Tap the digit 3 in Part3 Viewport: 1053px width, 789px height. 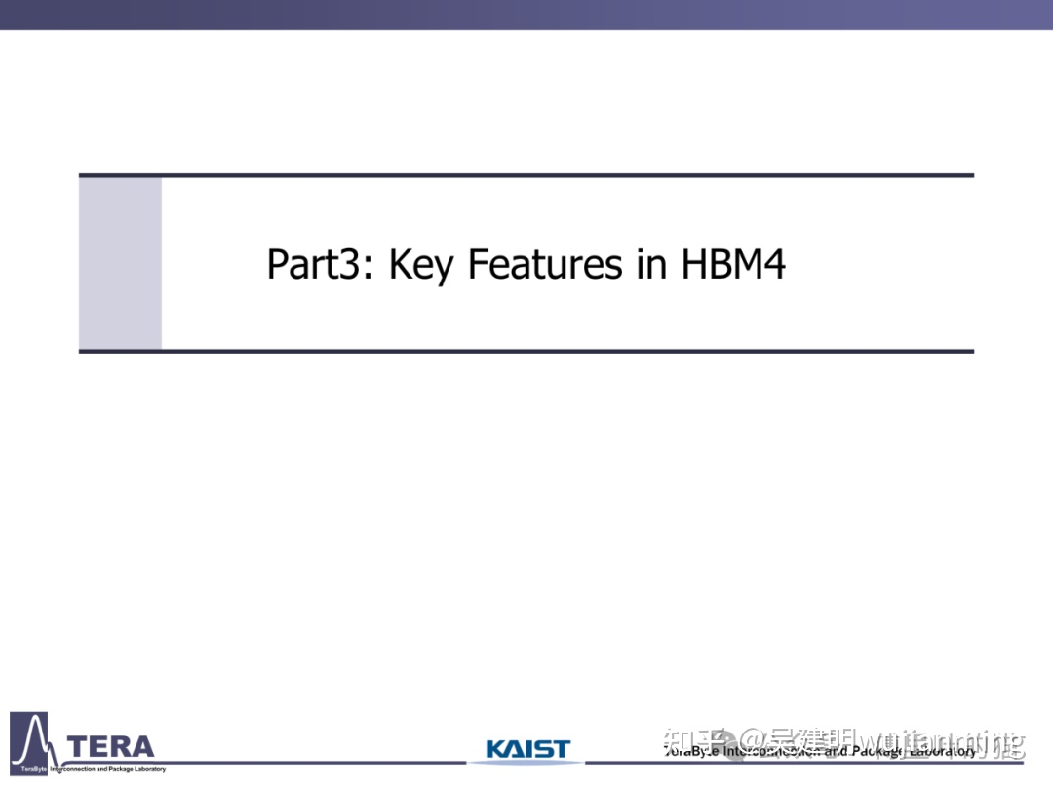355,265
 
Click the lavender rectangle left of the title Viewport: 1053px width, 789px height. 120,263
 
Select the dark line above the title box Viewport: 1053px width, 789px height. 526,175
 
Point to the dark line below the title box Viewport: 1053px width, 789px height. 526,351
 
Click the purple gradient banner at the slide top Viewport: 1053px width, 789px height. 526,15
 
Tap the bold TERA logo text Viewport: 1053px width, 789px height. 113,747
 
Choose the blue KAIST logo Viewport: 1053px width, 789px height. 527,749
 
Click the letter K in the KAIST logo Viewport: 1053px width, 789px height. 494,749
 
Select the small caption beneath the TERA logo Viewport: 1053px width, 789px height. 107,769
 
